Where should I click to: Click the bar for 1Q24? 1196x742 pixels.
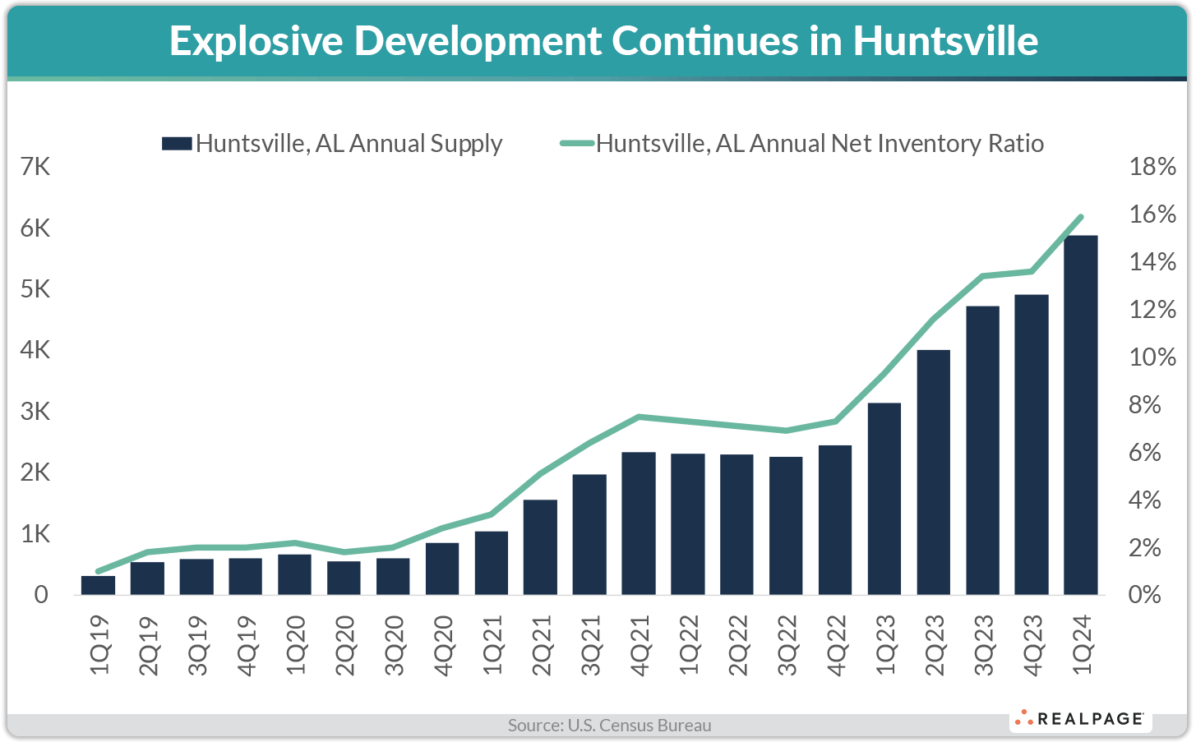tap(1080, 415)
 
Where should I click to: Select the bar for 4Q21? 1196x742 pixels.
tap(639, 523)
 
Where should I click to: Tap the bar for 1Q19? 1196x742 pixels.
tap(98, 585)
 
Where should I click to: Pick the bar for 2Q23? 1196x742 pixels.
tap(933, 472)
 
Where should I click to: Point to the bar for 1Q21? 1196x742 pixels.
tap(492, 563)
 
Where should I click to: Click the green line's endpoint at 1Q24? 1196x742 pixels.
tap(1081, 217)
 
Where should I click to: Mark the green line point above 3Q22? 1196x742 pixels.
tap(786, 431)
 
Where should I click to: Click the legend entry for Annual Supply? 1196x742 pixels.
tap(333, 144)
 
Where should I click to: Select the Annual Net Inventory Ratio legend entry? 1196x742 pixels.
tap(802, 144)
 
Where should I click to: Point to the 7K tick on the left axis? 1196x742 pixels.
tap(35, 167)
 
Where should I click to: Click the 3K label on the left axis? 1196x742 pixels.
tap(35, 412)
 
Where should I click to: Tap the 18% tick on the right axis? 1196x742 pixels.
tap(1152, 167)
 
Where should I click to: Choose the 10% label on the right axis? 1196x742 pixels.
tap(1152, 357)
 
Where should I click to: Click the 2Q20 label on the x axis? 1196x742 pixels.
tap(345, 645)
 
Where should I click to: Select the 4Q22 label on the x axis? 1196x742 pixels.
tap(836, 645)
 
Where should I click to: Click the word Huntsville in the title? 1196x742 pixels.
tap(945, 41)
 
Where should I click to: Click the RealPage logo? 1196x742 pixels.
tap(1080, 719)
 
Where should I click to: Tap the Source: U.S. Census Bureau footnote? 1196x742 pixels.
tap(609, 726)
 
